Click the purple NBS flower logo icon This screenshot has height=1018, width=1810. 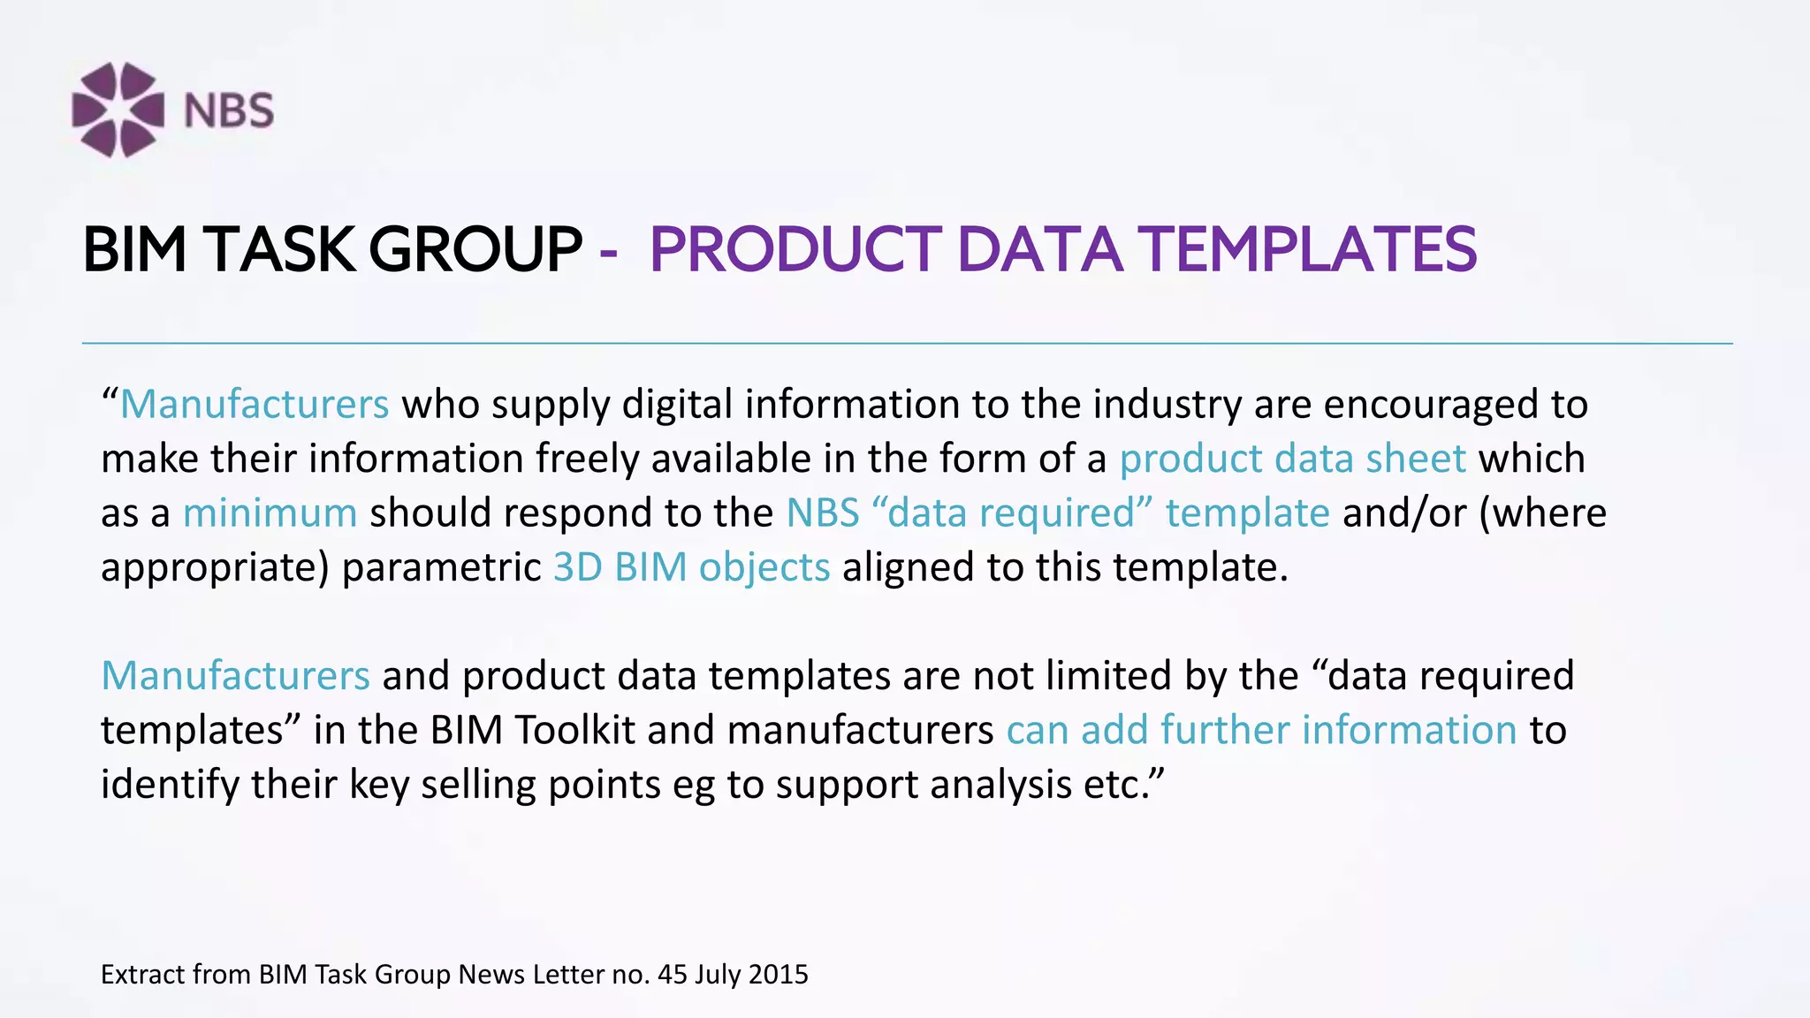pos(118,110)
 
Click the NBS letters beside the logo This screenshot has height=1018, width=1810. pos(229,111)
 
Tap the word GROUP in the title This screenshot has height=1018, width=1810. pos(475,249)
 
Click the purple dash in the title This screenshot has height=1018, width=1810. pos(608,251)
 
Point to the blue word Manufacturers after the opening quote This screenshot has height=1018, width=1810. pos(255,405)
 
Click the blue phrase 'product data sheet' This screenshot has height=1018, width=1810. pos(1292,459)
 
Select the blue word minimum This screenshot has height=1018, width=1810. pos(270,513)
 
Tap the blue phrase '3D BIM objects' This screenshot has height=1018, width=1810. pos(691,567)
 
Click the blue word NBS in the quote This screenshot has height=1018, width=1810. pos(823,513)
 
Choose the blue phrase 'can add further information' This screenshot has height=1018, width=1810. pos(1261,730)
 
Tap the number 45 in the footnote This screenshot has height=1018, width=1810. pos(672,974)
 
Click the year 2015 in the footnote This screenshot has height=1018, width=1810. pos(778,974)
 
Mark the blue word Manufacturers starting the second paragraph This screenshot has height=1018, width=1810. pos(235,676)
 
